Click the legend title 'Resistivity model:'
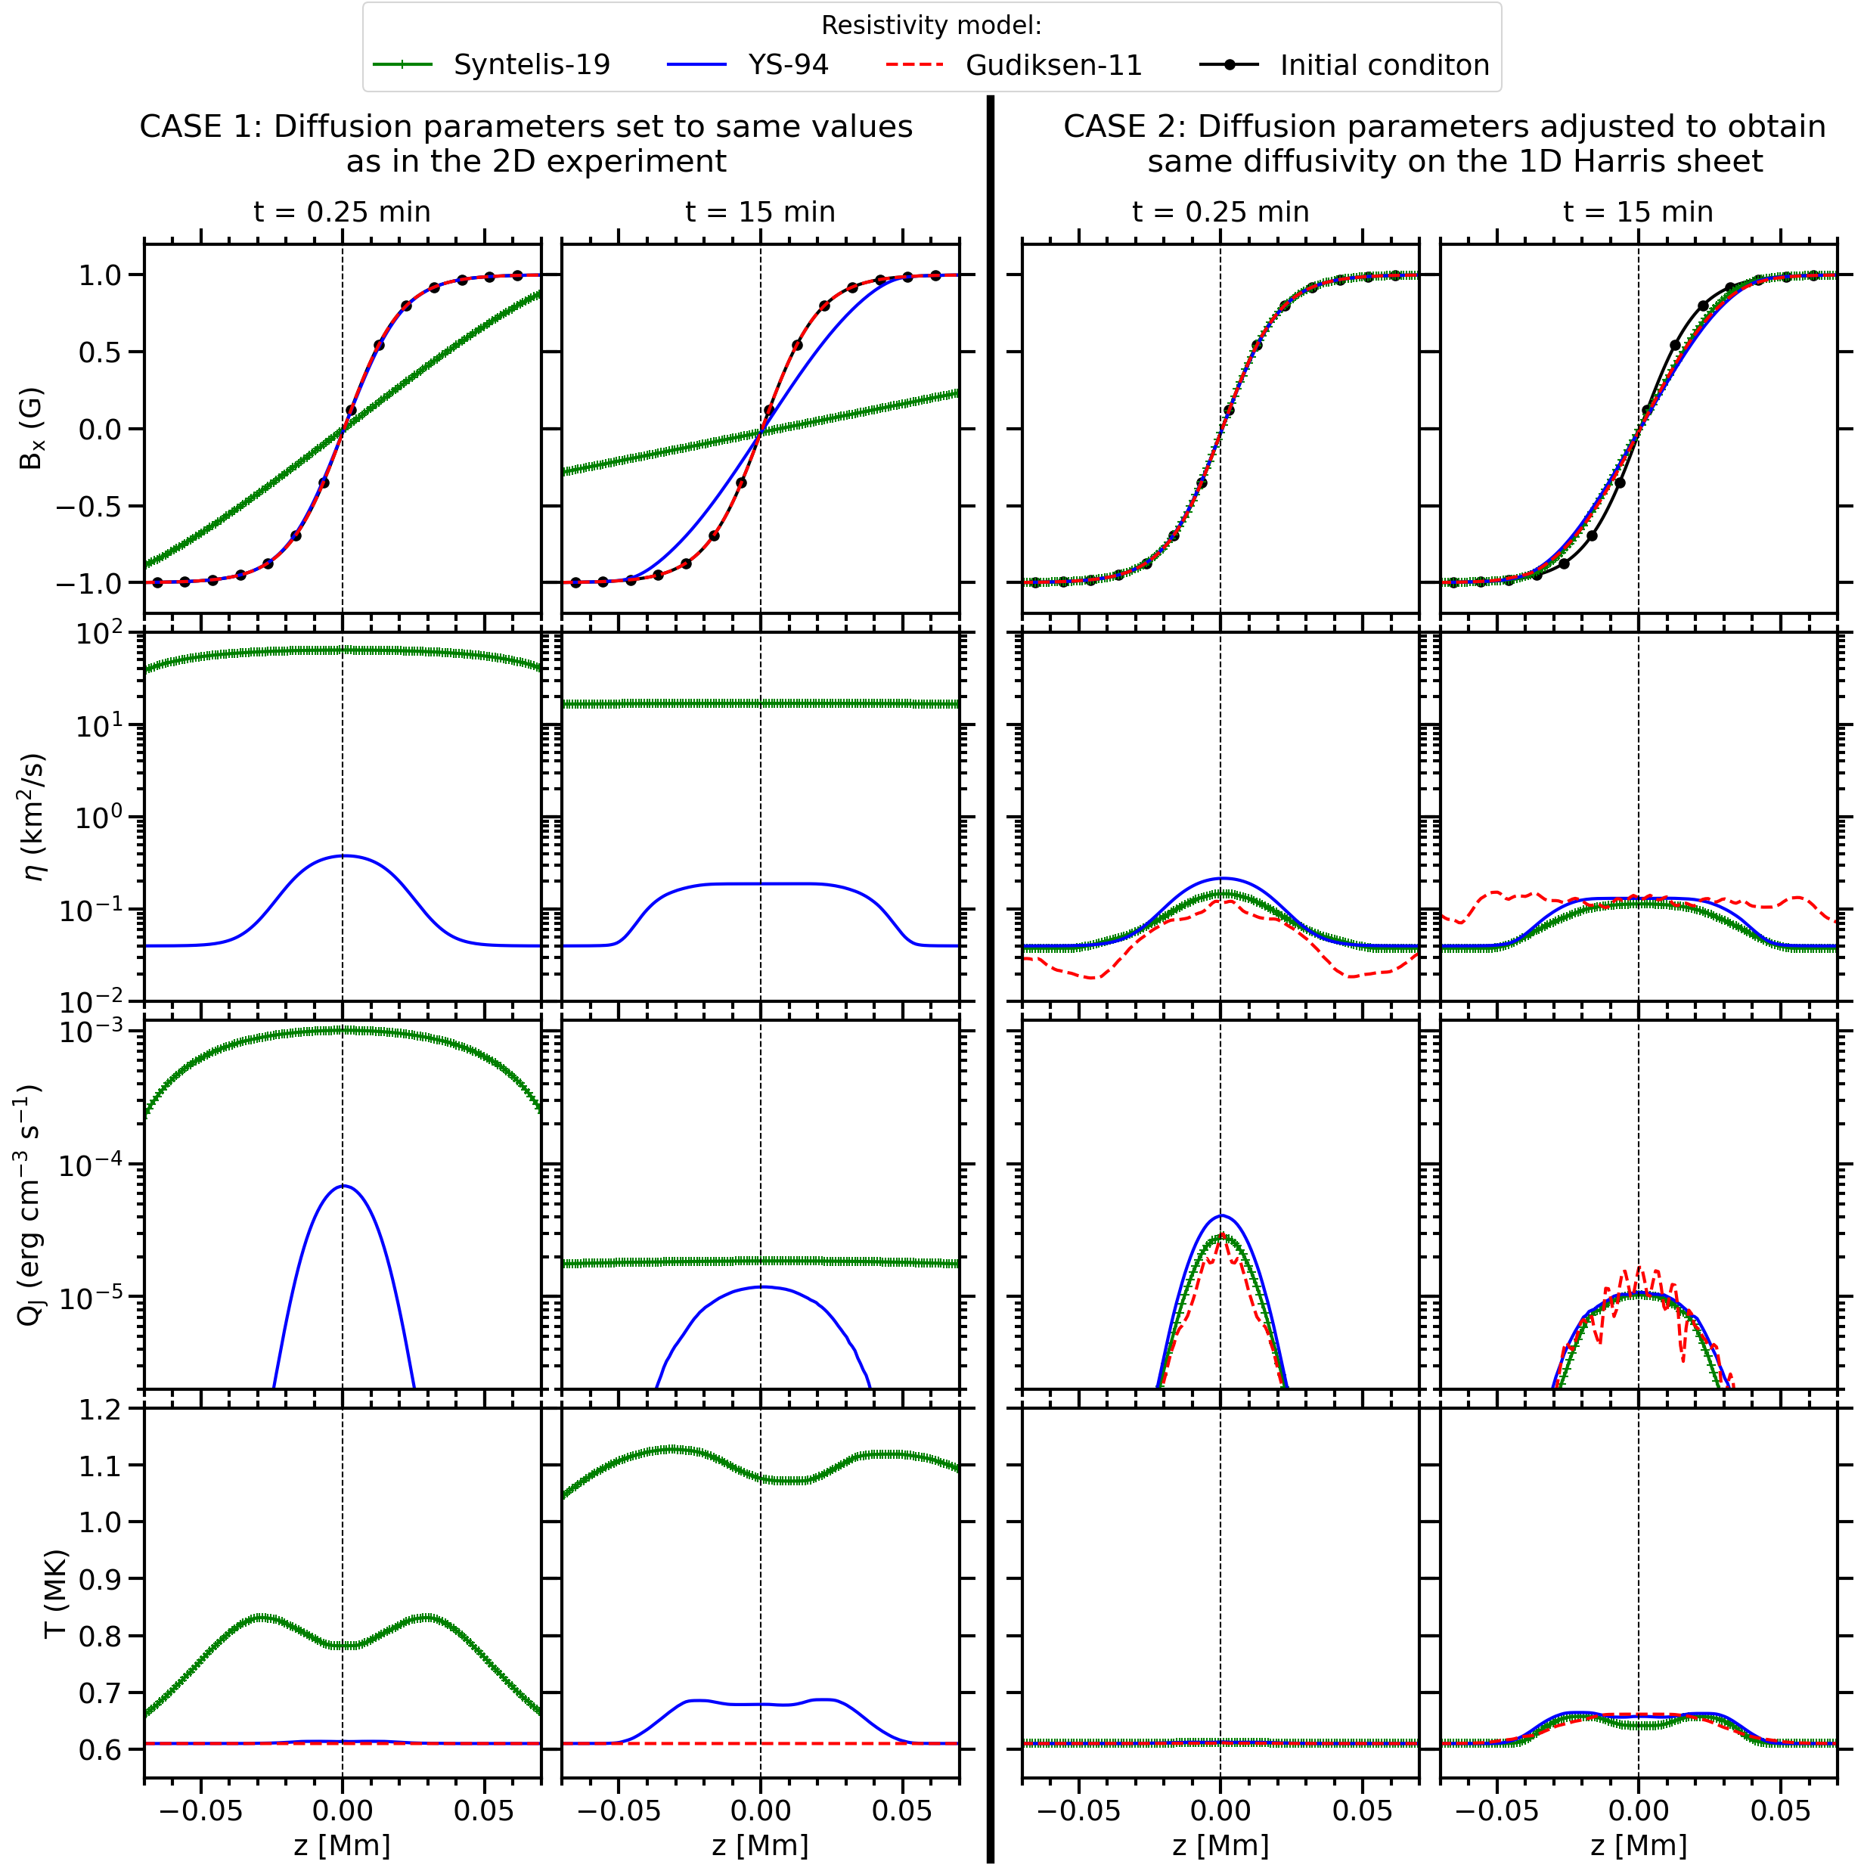(931, 25)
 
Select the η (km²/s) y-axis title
(35, 816)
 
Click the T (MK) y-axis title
(55, 1593)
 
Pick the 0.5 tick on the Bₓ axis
(100, 352)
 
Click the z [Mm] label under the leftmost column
(342, 1845)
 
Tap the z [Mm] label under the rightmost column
(1637, 1845)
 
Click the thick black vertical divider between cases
(990, 969)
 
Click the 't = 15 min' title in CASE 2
(1637, 212)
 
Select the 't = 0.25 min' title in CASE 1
(342, 212)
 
